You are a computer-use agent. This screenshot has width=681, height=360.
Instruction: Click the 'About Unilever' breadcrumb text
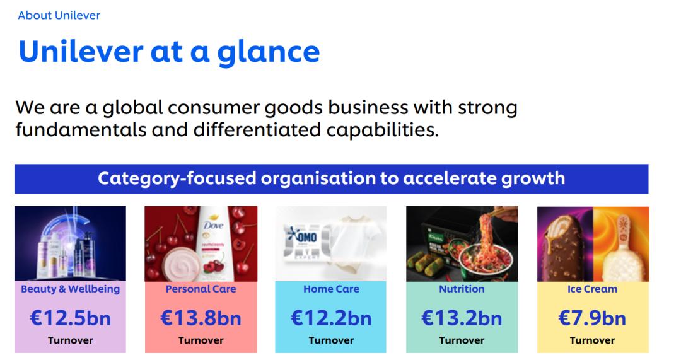59,15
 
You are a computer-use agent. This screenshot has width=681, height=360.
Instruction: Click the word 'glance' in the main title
269,53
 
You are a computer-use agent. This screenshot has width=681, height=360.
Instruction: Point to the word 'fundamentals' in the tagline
81,129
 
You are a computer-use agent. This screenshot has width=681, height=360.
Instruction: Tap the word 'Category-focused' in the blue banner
177,178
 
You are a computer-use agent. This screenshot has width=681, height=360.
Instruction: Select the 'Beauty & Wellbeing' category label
71,289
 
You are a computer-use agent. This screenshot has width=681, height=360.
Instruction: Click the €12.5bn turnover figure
71,318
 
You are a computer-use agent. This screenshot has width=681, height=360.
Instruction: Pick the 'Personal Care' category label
201,289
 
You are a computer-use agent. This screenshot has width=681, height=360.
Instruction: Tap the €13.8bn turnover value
201,318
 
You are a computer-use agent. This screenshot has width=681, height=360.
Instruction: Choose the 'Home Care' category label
331,289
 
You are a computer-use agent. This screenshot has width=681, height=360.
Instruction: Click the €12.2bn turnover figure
331,318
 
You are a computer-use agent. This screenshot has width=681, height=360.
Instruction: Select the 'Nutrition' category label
462,289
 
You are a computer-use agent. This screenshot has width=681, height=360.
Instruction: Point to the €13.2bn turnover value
462,318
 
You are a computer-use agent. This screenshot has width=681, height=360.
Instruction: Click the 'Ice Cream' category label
592,289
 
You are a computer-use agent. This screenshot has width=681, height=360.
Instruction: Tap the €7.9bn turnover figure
592,318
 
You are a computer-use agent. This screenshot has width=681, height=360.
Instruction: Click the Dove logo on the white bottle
214,225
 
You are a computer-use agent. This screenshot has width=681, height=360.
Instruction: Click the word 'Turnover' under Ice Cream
592,340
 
